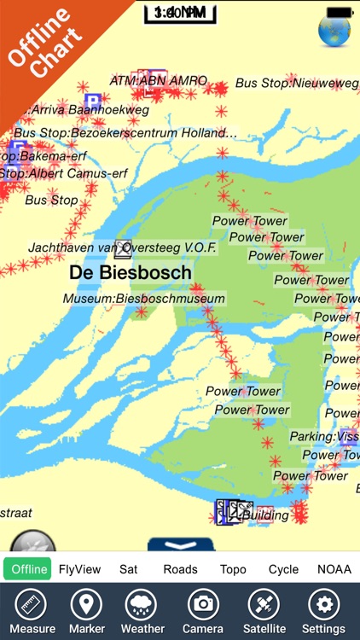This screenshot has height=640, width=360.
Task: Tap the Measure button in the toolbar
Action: point(32,611)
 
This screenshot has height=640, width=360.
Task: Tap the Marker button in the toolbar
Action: point(85,611)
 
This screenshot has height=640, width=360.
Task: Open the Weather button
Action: point(142,611)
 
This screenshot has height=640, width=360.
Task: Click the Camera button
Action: point(203,611)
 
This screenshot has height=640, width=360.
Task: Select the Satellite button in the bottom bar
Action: point(264,611)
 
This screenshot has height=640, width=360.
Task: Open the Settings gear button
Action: point(324,611)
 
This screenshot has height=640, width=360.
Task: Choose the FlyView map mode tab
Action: point(80,569)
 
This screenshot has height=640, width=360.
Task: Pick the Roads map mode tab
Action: point(180,569)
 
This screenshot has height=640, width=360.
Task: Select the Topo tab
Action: point(233,569)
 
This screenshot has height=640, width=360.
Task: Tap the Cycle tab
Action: point(283,569)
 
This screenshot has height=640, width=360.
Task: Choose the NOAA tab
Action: point(334,569)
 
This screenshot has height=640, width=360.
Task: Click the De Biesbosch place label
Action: point(131,272)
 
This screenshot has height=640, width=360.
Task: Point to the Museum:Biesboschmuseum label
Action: point(143,299)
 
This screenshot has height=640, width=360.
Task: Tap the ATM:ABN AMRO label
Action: point(159,81)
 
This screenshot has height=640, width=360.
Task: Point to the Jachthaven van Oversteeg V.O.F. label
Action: point(123,247)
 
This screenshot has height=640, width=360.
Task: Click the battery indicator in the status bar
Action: point(340,12)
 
